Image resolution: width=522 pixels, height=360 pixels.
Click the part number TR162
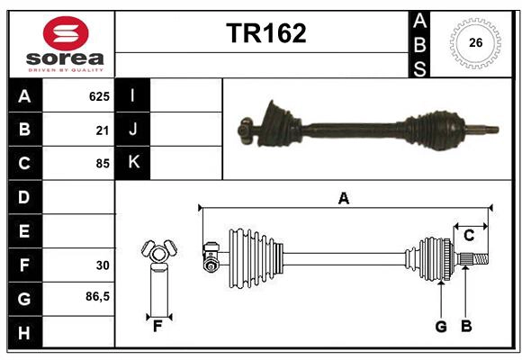point(265,33)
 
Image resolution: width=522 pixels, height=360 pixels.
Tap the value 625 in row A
point(99,95)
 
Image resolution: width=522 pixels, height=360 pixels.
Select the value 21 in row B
point(103,130)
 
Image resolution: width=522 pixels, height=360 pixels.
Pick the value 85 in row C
point(103,164)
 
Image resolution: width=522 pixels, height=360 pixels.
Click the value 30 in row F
point(103,265)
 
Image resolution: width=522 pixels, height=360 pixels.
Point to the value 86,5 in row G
point(97,297)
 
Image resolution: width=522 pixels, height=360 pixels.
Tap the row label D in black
point(23,197)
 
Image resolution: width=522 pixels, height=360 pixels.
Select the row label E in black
point(23,231)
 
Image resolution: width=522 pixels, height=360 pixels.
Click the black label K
point(132,163)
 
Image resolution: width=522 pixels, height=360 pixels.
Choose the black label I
point(132,95)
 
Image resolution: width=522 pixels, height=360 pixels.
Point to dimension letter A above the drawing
point(343,198)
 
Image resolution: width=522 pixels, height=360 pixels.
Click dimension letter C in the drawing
point(469,236)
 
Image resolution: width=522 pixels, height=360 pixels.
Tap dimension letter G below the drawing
point(441,327)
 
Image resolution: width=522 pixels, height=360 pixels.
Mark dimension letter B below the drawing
point(466,327)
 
